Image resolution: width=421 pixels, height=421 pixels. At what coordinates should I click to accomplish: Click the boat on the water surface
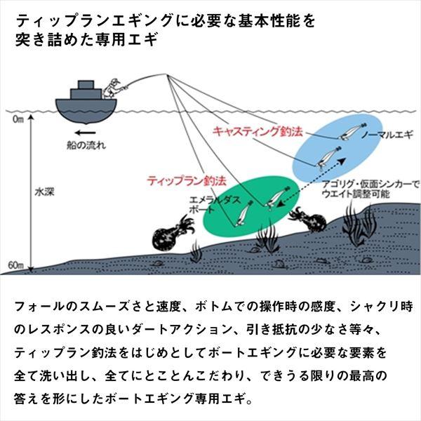[86, 105]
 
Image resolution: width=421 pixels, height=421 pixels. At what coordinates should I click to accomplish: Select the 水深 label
[44, 189]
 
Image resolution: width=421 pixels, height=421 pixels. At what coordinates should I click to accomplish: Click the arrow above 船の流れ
[85, 133]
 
